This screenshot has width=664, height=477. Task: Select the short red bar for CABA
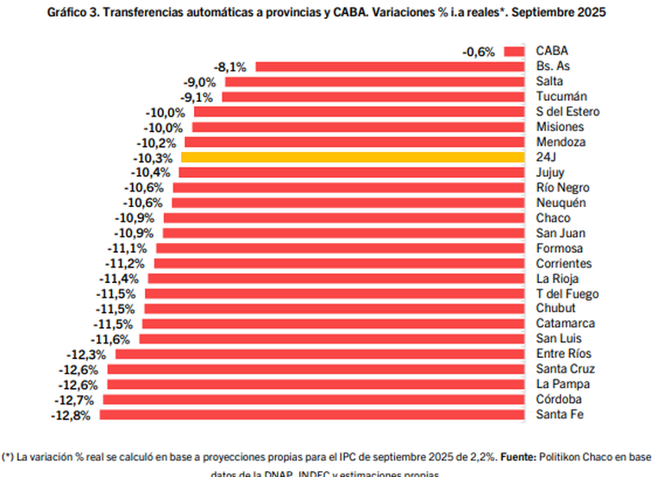coord(514,51)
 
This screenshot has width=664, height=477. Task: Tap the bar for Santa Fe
coord(313,415)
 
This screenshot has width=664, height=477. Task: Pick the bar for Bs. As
coord(390,66)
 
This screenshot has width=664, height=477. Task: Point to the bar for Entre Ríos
coord(320,354)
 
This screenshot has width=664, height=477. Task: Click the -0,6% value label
coord(479,52)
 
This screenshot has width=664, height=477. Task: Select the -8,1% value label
coord(230,66)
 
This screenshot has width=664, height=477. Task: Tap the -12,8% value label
coord(74,415)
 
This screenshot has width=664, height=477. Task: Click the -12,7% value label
coord(78,399)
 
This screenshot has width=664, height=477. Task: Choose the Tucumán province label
coord(561,97)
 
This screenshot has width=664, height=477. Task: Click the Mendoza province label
coord(561,142)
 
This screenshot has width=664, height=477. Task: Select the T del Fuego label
coord(567,293)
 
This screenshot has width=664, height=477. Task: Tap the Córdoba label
coord(559,399)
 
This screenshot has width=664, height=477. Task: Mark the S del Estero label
coord(567,111)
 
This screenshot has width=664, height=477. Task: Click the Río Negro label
coord(563,187)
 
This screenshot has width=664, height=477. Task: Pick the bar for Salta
coord(375,81)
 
